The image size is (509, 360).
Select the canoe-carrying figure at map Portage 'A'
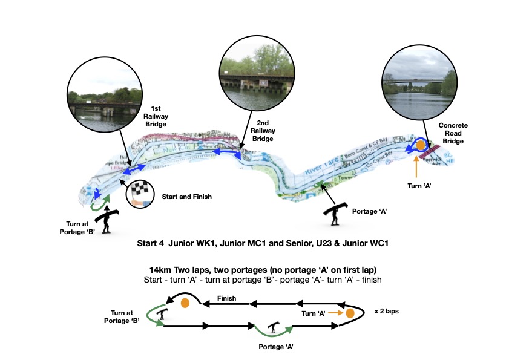[x=336, y=212]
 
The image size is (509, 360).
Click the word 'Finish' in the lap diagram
[x=228, y=298]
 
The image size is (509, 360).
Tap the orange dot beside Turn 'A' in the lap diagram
[x=350, y=313]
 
